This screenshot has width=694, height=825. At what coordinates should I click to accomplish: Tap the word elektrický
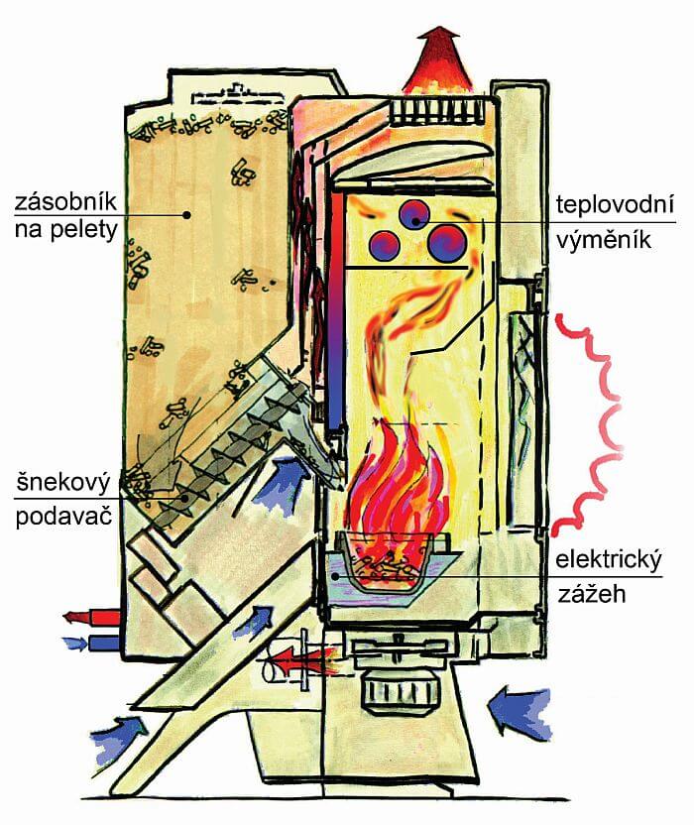click(x=612, y=556)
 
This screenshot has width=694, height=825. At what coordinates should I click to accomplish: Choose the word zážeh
click(x=586, y=595)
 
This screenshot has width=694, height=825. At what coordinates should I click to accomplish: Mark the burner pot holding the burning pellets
click(x=392, y=565)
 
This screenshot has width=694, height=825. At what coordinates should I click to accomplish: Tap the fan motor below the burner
click(x=396, y=683)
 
